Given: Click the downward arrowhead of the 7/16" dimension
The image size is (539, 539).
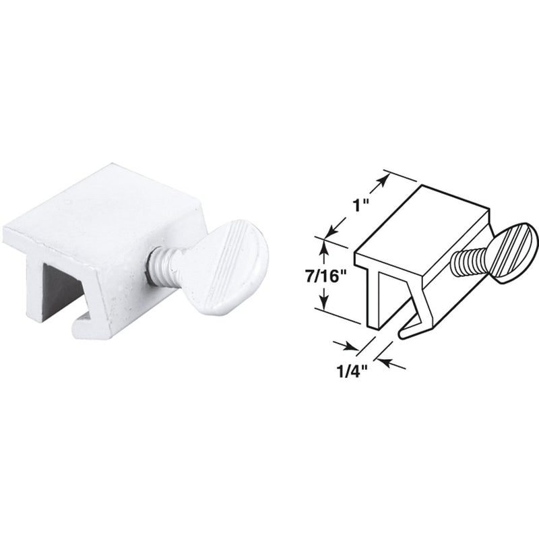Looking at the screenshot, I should point(324,303).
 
